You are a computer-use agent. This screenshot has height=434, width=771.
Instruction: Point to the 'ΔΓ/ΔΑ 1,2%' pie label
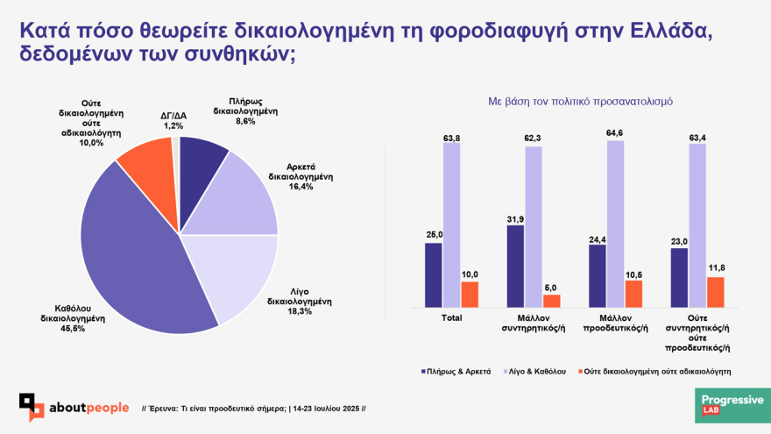[173, 120]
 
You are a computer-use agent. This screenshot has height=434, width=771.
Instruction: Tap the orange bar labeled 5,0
[552, 301]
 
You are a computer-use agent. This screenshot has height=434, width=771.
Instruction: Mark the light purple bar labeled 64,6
[616, 224]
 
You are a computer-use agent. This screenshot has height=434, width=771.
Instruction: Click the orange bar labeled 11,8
[715, 292]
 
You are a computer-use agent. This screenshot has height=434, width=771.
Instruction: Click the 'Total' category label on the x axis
[452, 317]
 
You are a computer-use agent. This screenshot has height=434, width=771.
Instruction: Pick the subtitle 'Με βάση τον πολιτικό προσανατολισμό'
[580, 102]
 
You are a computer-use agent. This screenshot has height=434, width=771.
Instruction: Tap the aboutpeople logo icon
[32, 407]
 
